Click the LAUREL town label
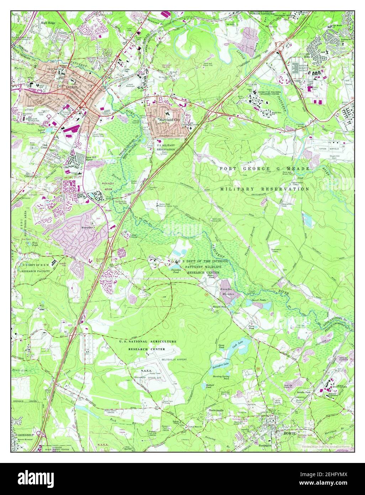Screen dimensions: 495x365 (x=70, y=87)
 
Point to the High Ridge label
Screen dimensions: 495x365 (x=48, y=22)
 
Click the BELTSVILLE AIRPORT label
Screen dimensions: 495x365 (x=174, y=360)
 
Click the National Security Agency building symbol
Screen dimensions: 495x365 (x=295, y=67)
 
